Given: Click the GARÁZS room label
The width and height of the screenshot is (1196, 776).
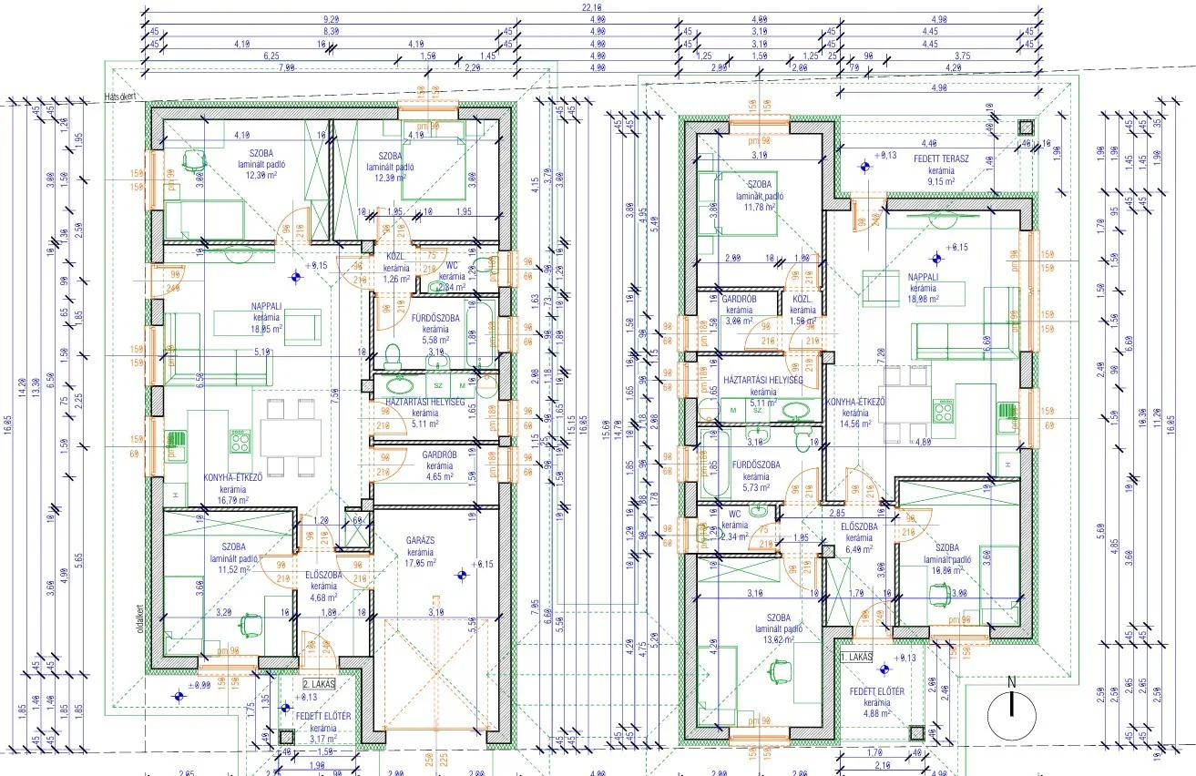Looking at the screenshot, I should (419, 540).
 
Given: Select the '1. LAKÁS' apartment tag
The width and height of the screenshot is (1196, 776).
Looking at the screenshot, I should (856, 656).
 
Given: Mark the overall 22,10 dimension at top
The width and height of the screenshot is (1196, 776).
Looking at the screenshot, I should (592, 8).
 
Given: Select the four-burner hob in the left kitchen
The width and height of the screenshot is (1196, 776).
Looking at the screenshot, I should (240, 443).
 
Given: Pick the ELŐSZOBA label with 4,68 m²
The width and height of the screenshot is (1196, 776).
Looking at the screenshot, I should (323, 575).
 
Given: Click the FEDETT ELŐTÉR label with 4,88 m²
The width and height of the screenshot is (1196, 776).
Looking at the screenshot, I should (876, 692).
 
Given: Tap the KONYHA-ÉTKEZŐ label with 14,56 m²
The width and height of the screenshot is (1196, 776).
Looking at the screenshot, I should (855, 402).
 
